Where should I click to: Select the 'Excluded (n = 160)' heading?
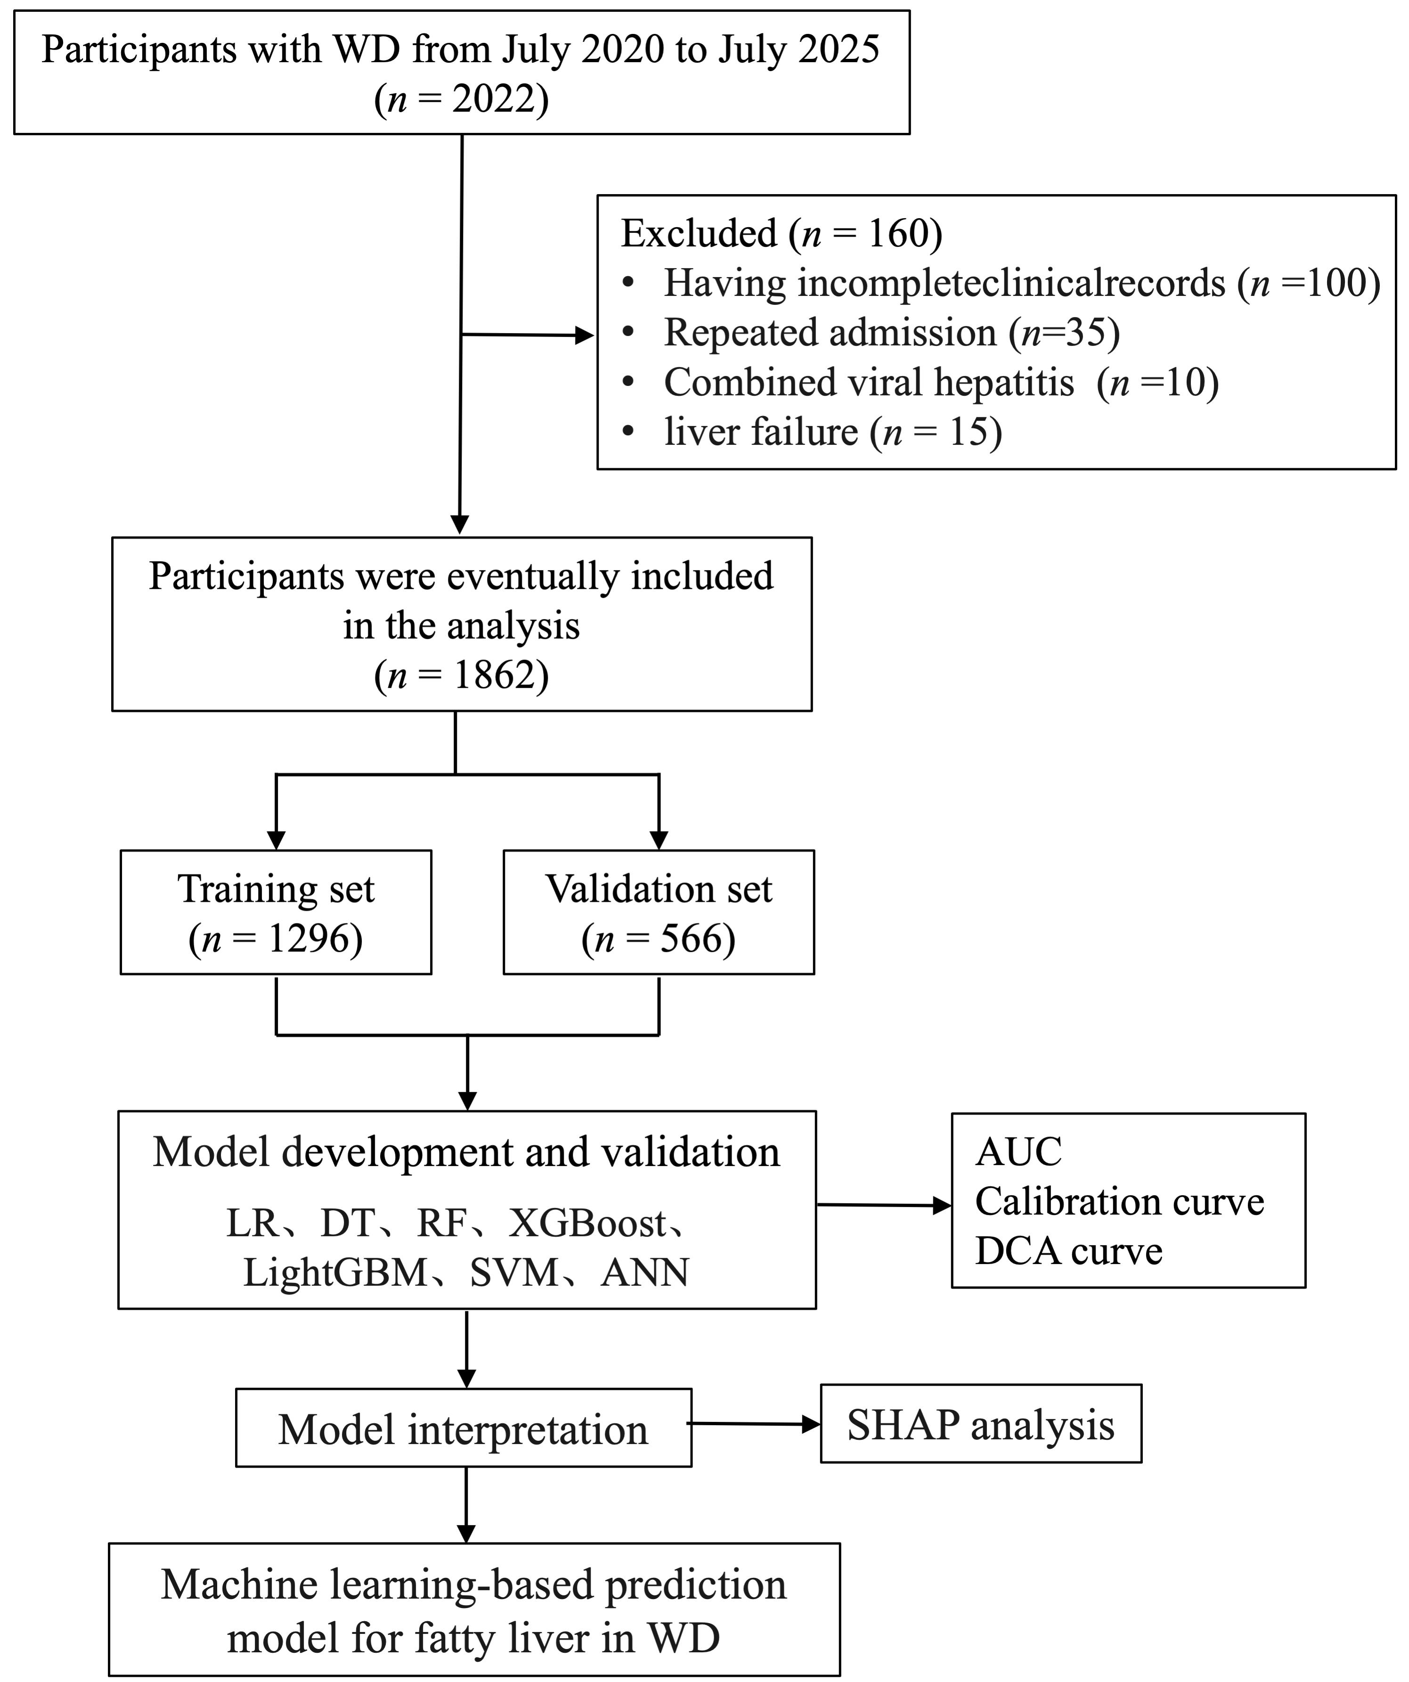tap(781, 234)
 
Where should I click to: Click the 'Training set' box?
tap(277, 912)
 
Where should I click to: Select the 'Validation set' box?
tap(659, 912)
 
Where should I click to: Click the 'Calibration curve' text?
tap(1119, 1202)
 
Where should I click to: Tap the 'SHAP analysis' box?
tap(981, 1424)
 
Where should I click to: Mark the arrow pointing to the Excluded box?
tap(528, 335)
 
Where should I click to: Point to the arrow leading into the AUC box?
tap(884, 1205)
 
